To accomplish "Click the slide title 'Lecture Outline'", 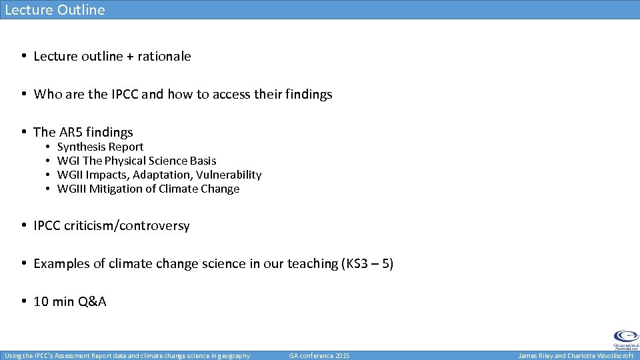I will click(x=55, y=9).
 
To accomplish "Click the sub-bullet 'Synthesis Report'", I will click(x=100, y=147).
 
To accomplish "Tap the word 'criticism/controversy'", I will click(x=127, y=226).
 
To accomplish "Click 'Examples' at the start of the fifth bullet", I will click(x=61, y=264).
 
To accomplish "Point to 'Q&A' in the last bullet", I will click(x=92, y=302).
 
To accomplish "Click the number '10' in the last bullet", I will click(x=41, y=302).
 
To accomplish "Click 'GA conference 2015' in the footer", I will click(x=319, y=356).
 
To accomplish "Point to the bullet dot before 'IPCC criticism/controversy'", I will click(x=23, y=226).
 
